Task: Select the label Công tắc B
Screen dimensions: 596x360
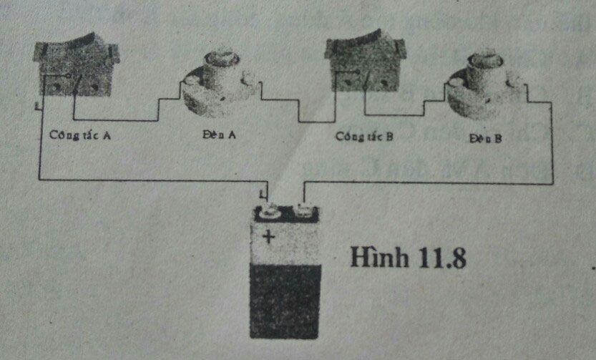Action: (x=365, y=135)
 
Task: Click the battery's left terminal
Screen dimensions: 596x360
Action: (x=270, y=210)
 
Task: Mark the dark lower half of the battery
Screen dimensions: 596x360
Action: (x=285, y=301)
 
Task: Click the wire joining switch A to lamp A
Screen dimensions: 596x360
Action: (x=114, y=120)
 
